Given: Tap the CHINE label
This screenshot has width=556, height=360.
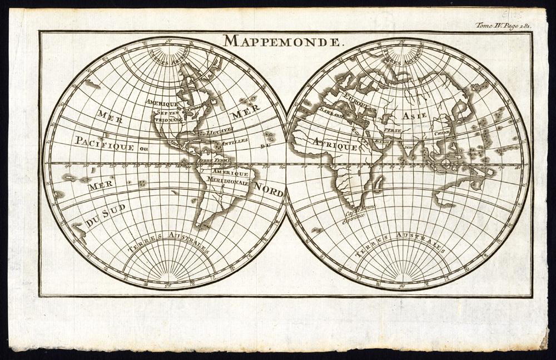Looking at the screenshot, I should pos(442,134).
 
